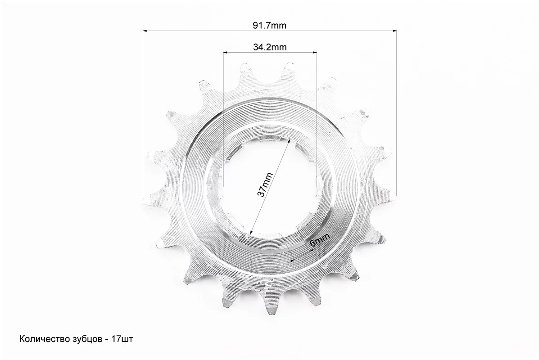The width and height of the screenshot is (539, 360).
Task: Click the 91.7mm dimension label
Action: coord(269,25)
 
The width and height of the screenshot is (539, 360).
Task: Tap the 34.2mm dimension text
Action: coord(270,47)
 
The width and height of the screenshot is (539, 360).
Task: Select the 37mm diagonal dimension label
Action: coord(265,185)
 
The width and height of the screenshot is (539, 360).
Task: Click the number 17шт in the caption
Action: coord(122,339)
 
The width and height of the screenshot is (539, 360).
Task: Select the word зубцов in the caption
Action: coord(86,339)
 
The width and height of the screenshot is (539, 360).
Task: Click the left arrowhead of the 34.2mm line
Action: coord(226,53)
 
